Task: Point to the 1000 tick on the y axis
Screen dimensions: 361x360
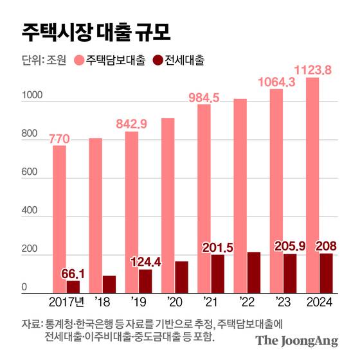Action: pos(32,96)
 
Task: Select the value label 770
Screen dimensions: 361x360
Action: pos(59,137)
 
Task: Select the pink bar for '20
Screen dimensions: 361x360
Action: pos(168,206)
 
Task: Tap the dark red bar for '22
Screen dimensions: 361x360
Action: pos(254,272)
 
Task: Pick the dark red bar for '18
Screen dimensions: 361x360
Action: pos(109,285)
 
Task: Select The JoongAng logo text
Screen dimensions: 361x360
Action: pos(296,340)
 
